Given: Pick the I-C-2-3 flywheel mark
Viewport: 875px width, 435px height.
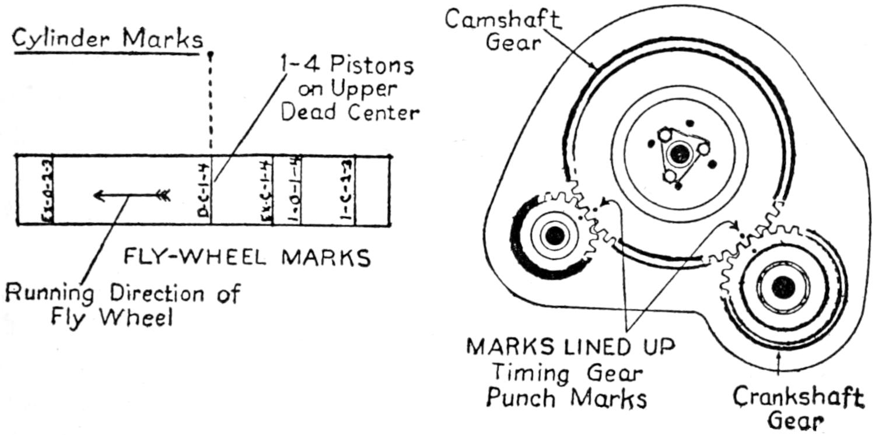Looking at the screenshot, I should pyautogui.click(x=345, y=191).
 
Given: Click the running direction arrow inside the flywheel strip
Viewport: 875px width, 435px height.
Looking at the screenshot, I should pyautogui.click(x=132, y=195).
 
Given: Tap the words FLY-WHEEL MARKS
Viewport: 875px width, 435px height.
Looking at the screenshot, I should pyautogui.click(x=247, y=257).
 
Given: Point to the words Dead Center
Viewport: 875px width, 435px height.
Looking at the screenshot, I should pyautogui.click(x=349, y=112).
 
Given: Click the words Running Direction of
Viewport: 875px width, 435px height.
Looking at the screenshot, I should pyautogui.click(x=123, y=293).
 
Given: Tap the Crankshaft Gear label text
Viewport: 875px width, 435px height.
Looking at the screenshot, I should pyautogui.click(x=798, y=408).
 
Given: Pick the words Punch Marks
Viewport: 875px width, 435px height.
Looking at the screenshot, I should pyautogui.click(x=566, y=398).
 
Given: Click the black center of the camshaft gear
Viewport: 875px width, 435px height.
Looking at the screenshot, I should pyautogui.click(x=678, y=155).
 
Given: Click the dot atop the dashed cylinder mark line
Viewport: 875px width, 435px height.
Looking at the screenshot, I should pyautogui.click(x=211, y=55).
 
